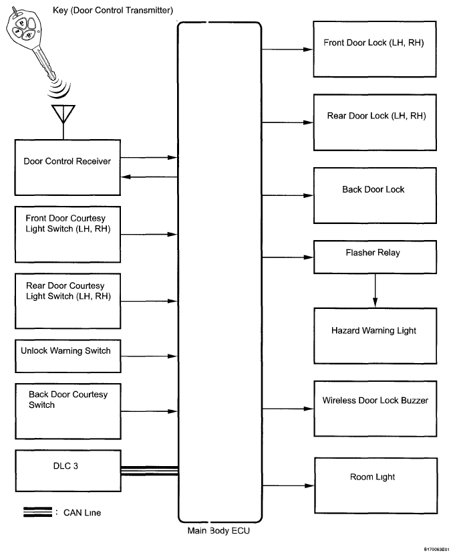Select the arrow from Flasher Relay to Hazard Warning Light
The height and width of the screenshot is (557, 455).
[x=375, y=290]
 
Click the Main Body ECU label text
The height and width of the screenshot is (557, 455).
[x=218, y=531]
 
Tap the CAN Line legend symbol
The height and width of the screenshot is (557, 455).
[x=37, y=512]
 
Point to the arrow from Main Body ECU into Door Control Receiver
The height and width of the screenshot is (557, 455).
[x=149, y=177]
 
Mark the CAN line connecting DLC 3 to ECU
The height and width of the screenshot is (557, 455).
[x=150, y=471]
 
